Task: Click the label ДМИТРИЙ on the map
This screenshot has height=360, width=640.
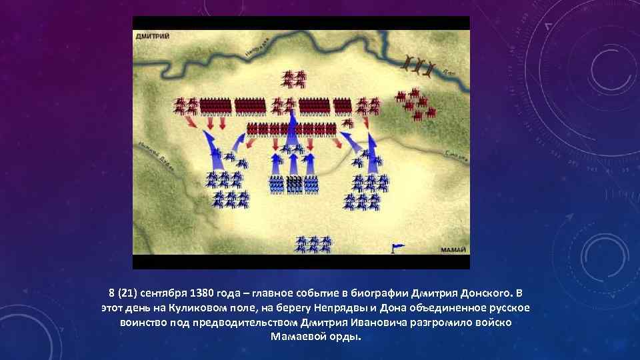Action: click(153, 36)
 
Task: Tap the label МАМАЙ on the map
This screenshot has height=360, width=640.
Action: click(453, 250)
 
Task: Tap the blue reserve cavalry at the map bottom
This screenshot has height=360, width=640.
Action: click(314, 243)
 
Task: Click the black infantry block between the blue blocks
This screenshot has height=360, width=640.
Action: click(294, 184)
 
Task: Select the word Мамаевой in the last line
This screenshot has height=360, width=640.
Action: click(300, 337)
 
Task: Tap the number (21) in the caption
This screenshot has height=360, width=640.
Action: click(126, 293)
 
